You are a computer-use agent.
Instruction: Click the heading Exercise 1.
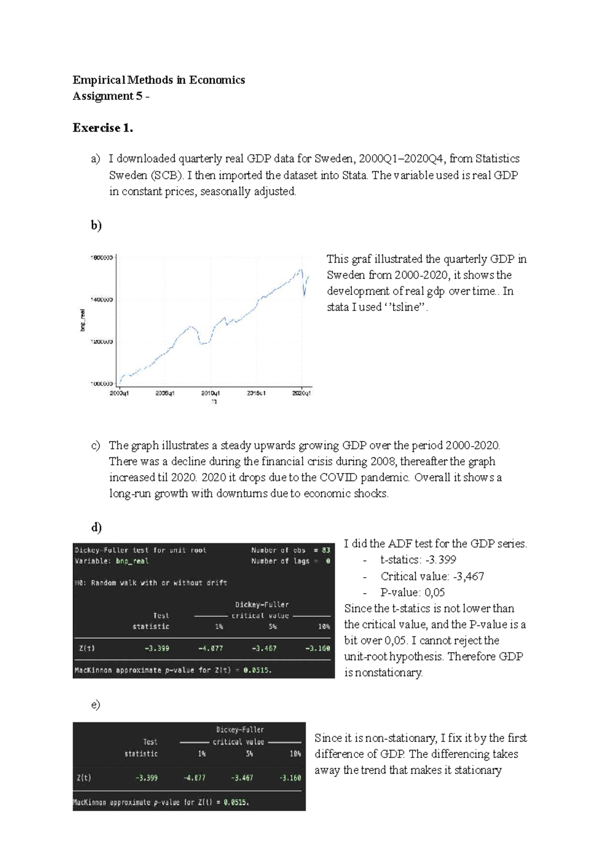click(x=103, y=128)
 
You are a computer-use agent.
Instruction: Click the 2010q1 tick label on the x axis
click(x=211, y=393)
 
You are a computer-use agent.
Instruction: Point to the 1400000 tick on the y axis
click(x=102, y=299)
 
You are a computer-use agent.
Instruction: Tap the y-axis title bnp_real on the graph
click(x=82, y=321)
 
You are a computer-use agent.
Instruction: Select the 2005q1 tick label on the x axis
click(x=165, y=393)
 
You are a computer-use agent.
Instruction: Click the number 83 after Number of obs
click(x=326, y=550)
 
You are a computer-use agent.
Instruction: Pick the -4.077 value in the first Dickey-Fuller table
click(x=210, y=648)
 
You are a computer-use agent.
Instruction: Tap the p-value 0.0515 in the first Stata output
click(x=257, y=670)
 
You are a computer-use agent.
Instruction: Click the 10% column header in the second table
click(x=295, y=754)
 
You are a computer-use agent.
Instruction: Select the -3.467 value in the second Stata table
click(x=242, y=778)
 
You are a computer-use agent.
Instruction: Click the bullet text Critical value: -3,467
click(x=432, y=576)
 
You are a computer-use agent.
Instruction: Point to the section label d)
click(x=96, y=527)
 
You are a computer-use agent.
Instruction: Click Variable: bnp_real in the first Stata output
click(x=112, y=561)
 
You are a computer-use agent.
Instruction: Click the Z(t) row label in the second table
click(x=84, y=778)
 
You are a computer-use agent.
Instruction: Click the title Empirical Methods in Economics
click(x=159, y=80)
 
